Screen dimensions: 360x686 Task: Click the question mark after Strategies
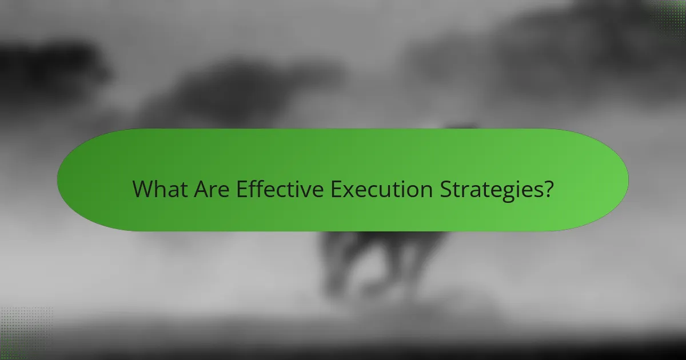point(548,189)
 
